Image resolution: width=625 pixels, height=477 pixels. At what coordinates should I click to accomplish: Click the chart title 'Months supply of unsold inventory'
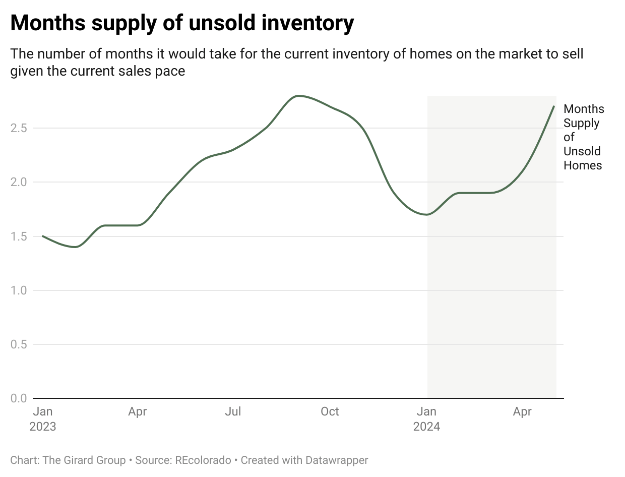(182, 24)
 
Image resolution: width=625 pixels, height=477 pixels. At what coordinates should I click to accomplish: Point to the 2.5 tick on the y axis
(18, 128)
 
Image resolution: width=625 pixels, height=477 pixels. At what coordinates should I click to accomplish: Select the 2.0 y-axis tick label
(18, 182)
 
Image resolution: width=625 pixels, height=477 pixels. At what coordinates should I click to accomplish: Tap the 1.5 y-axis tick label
(18, 236)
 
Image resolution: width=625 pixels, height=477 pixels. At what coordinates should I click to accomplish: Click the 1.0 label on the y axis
(18, 290)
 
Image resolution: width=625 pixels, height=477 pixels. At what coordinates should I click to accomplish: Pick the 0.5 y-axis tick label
(18, 344)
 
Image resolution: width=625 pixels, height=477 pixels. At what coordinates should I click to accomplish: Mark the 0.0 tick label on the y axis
(18, 398)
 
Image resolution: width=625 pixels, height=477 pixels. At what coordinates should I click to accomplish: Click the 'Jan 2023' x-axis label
(43, 419)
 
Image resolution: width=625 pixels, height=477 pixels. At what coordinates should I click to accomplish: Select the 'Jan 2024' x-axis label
(427, 419)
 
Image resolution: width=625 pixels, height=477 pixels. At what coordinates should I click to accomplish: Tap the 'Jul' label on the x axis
(233, 412)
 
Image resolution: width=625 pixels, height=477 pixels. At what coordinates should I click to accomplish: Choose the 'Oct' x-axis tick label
(330, 412)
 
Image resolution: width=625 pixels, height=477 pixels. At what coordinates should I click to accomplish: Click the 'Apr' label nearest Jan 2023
(137, 412)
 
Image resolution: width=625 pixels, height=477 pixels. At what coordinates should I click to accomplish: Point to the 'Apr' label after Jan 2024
(522, 412)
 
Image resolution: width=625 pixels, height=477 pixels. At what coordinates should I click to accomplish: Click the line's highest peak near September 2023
(299, 96)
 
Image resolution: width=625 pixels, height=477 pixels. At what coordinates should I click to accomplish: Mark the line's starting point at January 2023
(43, 236)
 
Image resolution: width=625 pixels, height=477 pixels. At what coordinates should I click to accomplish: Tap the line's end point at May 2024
(554, 106)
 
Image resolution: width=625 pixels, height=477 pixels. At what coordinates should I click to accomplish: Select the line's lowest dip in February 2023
(76, 247)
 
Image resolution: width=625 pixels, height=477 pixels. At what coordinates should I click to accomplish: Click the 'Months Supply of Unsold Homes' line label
(583, 137)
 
